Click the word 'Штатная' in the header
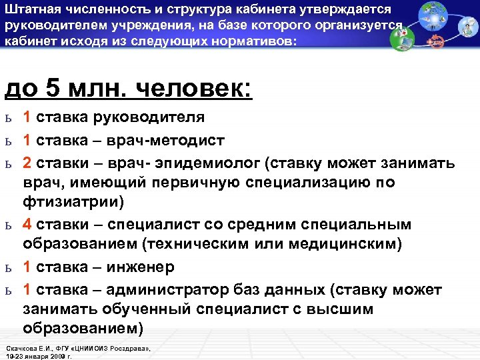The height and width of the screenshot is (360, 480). click(31, 9)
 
